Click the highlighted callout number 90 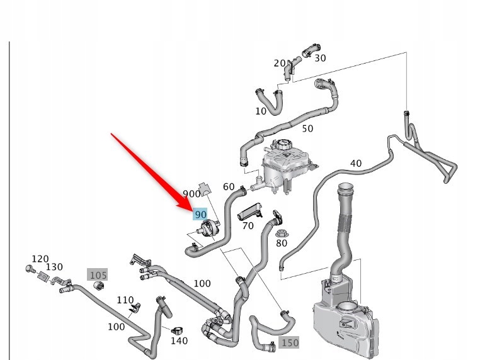(200, 215)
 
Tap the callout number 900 (192, 194)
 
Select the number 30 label (320, 58)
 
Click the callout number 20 (279, 63)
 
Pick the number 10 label (261, 111)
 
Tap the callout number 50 (307, 129)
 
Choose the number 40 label (356, 164)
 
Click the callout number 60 (229, 186)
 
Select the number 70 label (248, 225)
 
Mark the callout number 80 (281, 243)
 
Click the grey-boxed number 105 (98, 274)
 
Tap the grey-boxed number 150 (289, 342)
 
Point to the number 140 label (180, 341)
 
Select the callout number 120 (40, 259)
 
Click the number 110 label (125, 300)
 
